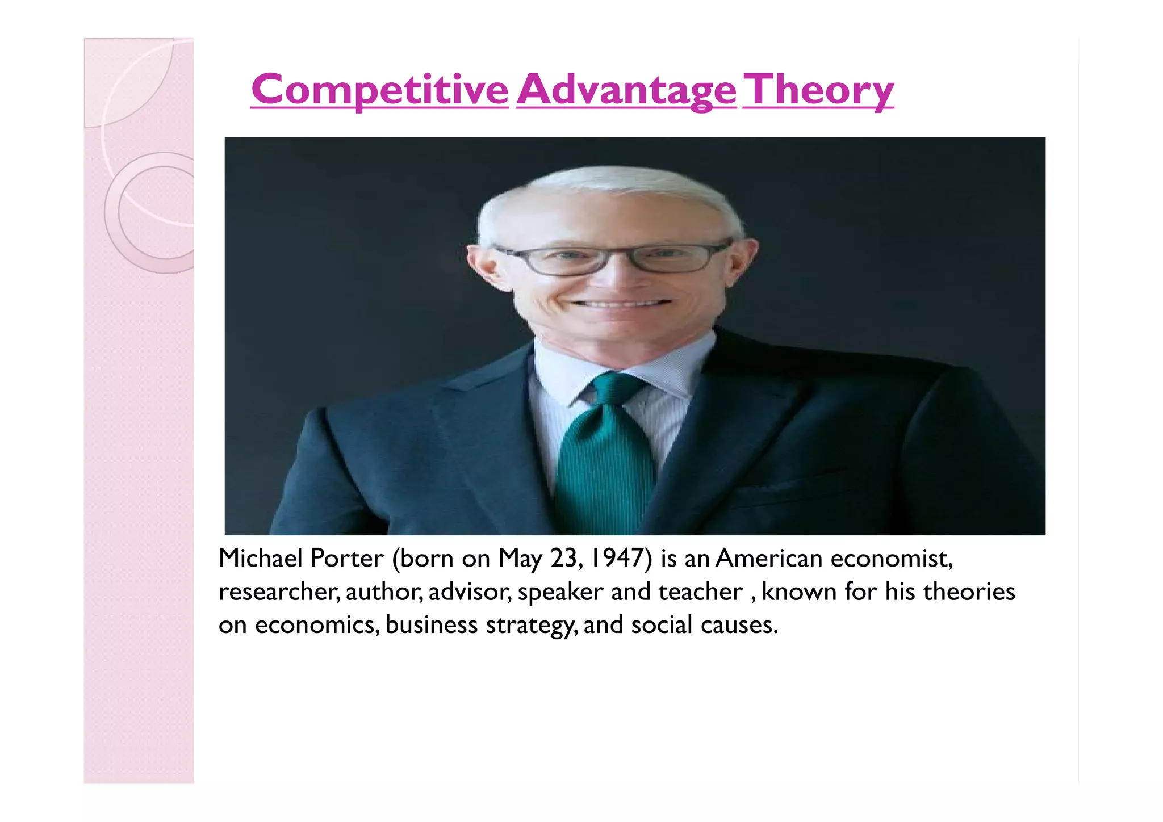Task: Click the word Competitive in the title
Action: click(379, 90)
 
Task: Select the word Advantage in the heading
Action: click(626, 90)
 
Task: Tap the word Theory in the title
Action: click(818, 90)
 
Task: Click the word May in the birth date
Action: click(520, 559)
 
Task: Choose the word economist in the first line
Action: click(891, 558)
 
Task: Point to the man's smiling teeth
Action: click(622, 304)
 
